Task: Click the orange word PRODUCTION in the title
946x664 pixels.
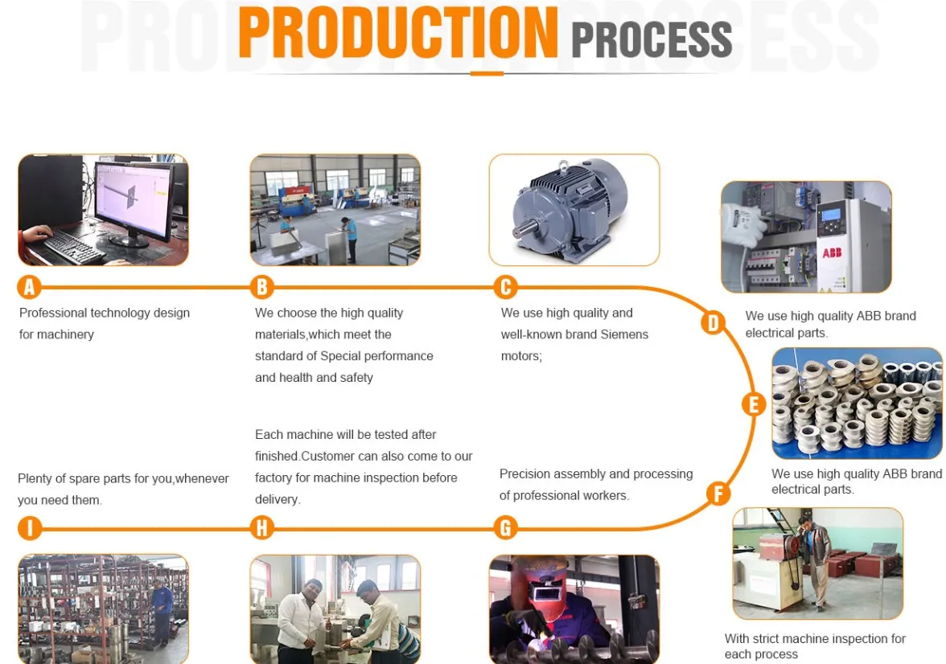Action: click(397, 33)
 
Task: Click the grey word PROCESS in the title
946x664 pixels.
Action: click(651, 39)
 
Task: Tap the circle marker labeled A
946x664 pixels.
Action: click(30, 287)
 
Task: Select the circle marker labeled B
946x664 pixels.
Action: click(262, 287)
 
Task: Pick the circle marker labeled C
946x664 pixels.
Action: click(505, 287)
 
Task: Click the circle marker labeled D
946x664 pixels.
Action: click(713, 323)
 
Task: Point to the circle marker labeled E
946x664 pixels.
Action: click(753, 404)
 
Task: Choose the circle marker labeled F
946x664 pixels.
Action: click(718, 493)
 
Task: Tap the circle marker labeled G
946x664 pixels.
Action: click(505, 528)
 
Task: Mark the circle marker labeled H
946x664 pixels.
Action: click(262, 528)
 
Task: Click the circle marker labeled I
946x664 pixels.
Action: click(30, 528)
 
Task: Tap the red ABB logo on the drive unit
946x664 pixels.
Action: click(831, 252)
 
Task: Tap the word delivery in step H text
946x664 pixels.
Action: click(277, 499)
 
